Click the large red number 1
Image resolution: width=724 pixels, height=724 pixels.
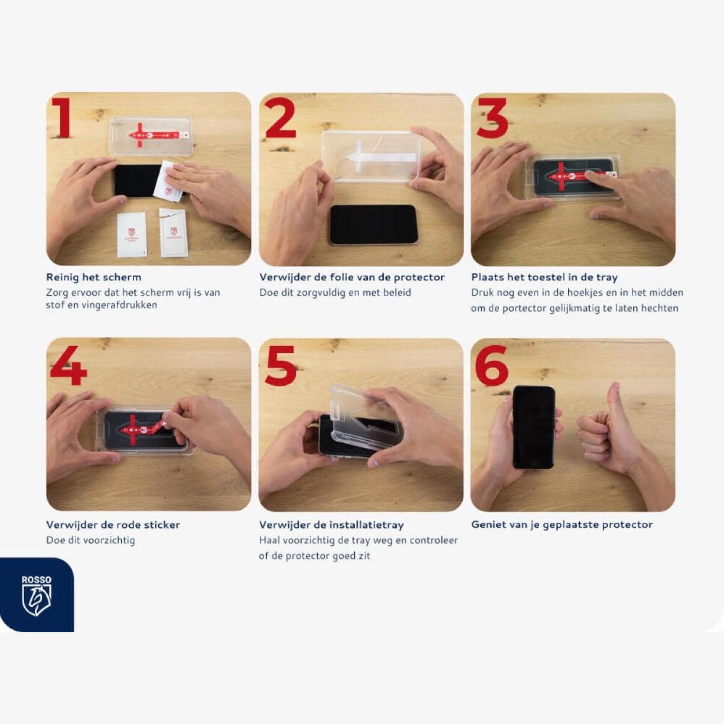[x=62, y=118]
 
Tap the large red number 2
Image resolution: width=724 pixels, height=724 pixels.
[x=280, y=118]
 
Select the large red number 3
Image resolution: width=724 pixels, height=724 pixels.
[x=492, y=118]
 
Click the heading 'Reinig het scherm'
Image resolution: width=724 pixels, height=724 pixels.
[x=94, y=277]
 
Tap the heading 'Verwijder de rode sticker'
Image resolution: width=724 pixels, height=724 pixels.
[x=113, y=525]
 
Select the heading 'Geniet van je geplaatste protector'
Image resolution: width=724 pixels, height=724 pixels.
[x=562, y=525]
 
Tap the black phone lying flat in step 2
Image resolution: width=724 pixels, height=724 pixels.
[x=373, y=225]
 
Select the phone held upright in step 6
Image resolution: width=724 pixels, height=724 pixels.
[x=534, y=427]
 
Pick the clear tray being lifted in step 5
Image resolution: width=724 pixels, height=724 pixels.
[x=364, y=418]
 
